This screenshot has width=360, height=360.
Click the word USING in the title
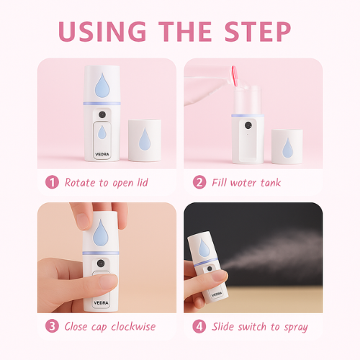coord(102,31)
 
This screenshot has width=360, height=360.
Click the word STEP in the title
coord(258,31)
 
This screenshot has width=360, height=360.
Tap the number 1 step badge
coord(52,182)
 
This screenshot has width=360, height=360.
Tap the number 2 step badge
coord(199,182)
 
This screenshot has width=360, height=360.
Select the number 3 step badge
coord(52,326)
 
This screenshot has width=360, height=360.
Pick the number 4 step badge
coord(199,326)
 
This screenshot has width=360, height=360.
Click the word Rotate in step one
coord(80,183)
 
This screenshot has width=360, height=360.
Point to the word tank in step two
coord(271,183)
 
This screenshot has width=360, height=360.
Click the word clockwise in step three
coord(133,326)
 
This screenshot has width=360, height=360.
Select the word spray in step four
coord(296,328)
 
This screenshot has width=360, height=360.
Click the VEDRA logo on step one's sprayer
coord(102,154)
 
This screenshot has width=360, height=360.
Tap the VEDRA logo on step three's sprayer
coord(101,303)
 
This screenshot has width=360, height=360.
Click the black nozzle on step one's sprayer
coord(102,114)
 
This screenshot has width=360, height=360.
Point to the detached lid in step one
coord(145,140)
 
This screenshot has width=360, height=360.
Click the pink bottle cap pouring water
coord(235,76)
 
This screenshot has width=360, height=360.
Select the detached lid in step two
coord(287,147)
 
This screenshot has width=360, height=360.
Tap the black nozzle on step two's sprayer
coord(248,125)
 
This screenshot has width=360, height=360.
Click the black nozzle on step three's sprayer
coord(101,264)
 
